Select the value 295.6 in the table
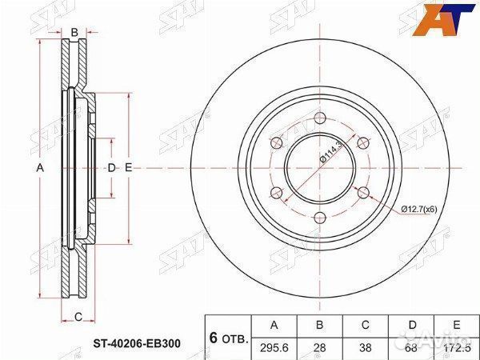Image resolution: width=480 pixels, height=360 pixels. point(274,346)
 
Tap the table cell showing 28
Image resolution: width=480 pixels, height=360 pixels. point(319,346)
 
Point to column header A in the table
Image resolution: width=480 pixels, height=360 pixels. point(274,326)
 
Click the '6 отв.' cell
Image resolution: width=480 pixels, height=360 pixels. point(228,335)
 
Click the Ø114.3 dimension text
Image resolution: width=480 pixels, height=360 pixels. point(330,152)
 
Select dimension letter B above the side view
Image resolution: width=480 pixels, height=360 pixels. point(74,32)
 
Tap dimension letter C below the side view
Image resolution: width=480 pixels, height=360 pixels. point(78,318)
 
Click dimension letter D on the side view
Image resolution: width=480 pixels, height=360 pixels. point(112,167)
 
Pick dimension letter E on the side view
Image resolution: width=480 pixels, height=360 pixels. point(128,167)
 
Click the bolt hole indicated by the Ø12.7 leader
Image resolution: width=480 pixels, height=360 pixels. point(362,193)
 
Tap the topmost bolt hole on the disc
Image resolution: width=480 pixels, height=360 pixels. point(319,118)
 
